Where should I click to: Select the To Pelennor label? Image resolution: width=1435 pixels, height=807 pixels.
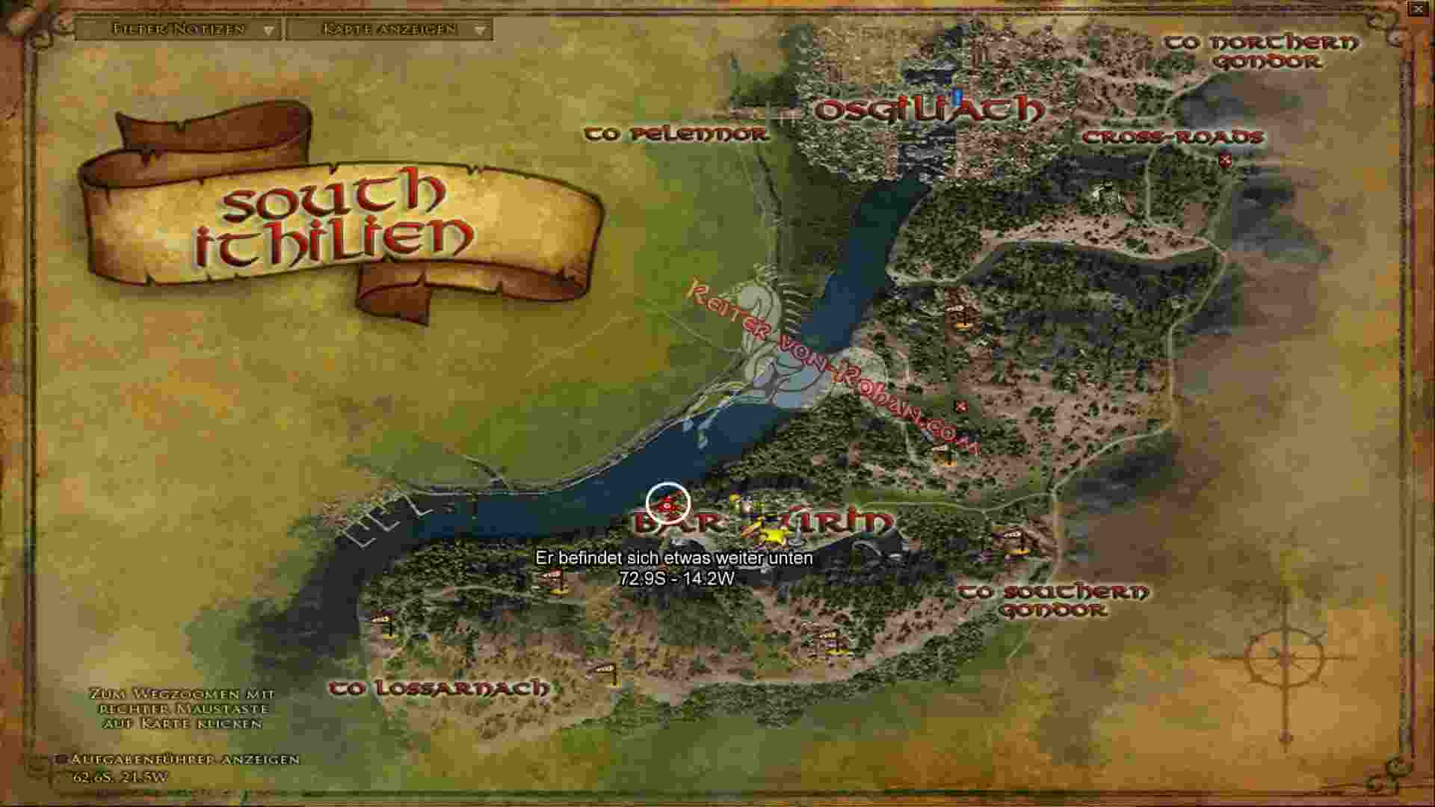[x=676, y=134]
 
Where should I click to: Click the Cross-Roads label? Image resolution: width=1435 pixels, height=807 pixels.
[x=1172, y=137]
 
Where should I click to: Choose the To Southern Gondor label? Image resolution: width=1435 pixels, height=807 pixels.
[x=1054, y=601]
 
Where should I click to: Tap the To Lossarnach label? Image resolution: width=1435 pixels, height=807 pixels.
[x=439, y=688]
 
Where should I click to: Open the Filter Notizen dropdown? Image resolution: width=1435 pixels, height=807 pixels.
[x=179, y=30]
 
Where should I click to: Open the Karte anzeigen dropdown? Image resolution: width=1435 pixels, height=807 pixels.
[x=389, y=30]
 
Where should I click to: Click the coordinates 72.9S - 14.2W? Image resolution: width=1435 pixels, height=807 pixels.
[x=676, y=578]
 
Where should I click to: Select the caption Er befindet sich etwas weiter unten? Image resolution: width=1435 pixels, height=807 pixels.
[x=674, y=558]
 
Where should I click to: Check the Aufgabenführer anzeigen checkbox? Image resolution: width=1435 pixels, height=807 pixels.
[x=62, y=760]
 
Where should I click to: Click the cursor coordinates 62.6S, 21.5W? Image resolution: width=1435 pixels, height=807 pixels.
[x=120, y=777]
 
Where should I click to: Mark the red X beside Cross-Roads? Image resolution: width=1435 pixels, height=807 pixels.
[x=1224, y=159]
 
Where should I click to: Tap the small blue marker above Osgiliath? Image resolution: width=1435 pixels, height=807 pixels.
[x=957, y=96]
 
